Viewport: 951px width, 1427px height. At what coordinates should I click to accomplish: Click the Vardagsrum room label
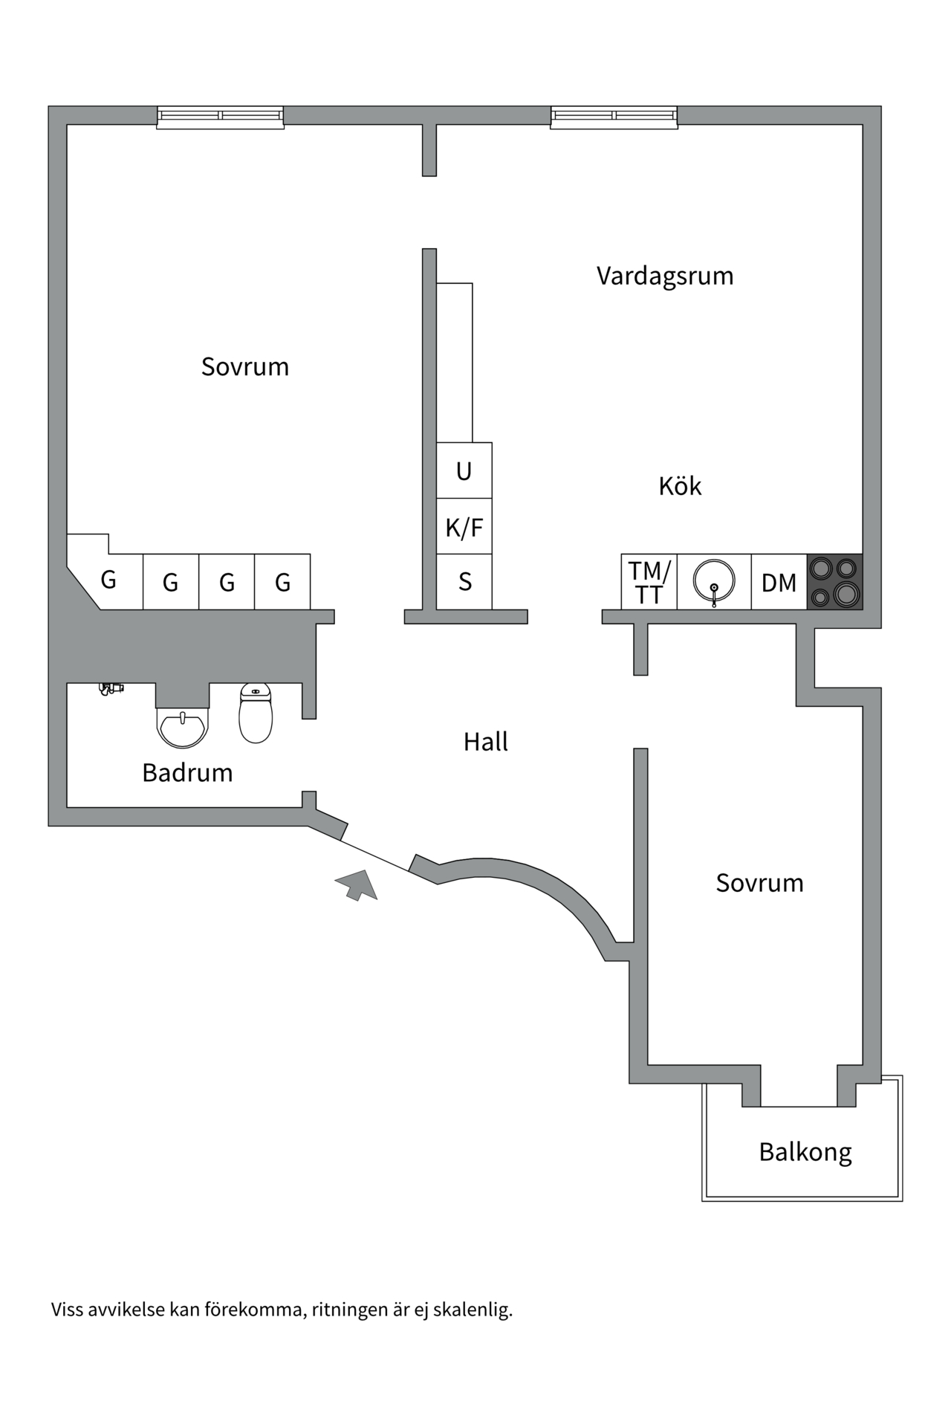click(x=664, y=276)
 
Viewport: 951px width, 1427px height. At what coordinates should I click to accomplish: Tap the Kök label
click(x=679, y=486)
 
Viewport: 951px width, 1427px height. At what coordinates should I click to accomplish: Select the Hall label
click(x=485, y=742)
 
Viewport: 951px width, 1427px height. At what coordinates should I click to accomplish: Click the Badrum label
click(x=187, y=773)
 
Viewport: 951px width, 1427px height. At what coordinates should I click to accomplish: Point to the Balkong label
click(x=805, y=1152)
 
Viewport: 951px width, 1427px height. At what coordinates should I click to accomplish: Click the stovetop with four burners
click(x=834, y=582)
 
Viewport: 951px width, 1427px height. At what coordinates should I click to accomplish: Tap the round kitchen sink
click(x=713, y=581)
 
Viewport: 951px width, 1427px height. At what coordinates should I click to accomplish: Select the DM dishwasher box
click(x=779, y=582)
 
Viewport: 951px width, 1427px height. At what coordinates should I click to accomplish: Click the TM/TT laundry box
click(x=649, y=582)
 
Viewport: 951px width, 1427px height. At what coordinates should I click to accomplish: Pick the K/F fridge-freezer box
click(x=464, y=526)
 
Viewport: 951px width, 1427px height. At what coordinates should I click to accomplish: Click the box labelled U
click(x=464, y=470)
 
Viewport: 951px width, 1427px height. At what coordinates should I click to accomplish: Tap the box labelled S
click(x=464, y=582)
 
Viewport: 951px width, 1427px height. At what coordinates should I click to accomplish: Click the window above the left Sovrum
click(x=220, y=117)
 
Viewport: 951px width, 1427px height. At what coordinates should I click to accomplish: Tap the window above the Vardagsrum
click(x=614, y=117)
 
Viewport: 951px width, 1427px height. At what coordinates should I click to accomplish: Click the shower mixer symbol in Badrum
click(x=111, y=689)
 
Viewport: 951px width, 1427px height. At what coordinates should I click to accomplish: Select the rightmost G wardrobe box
click(x=282, y=582)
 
